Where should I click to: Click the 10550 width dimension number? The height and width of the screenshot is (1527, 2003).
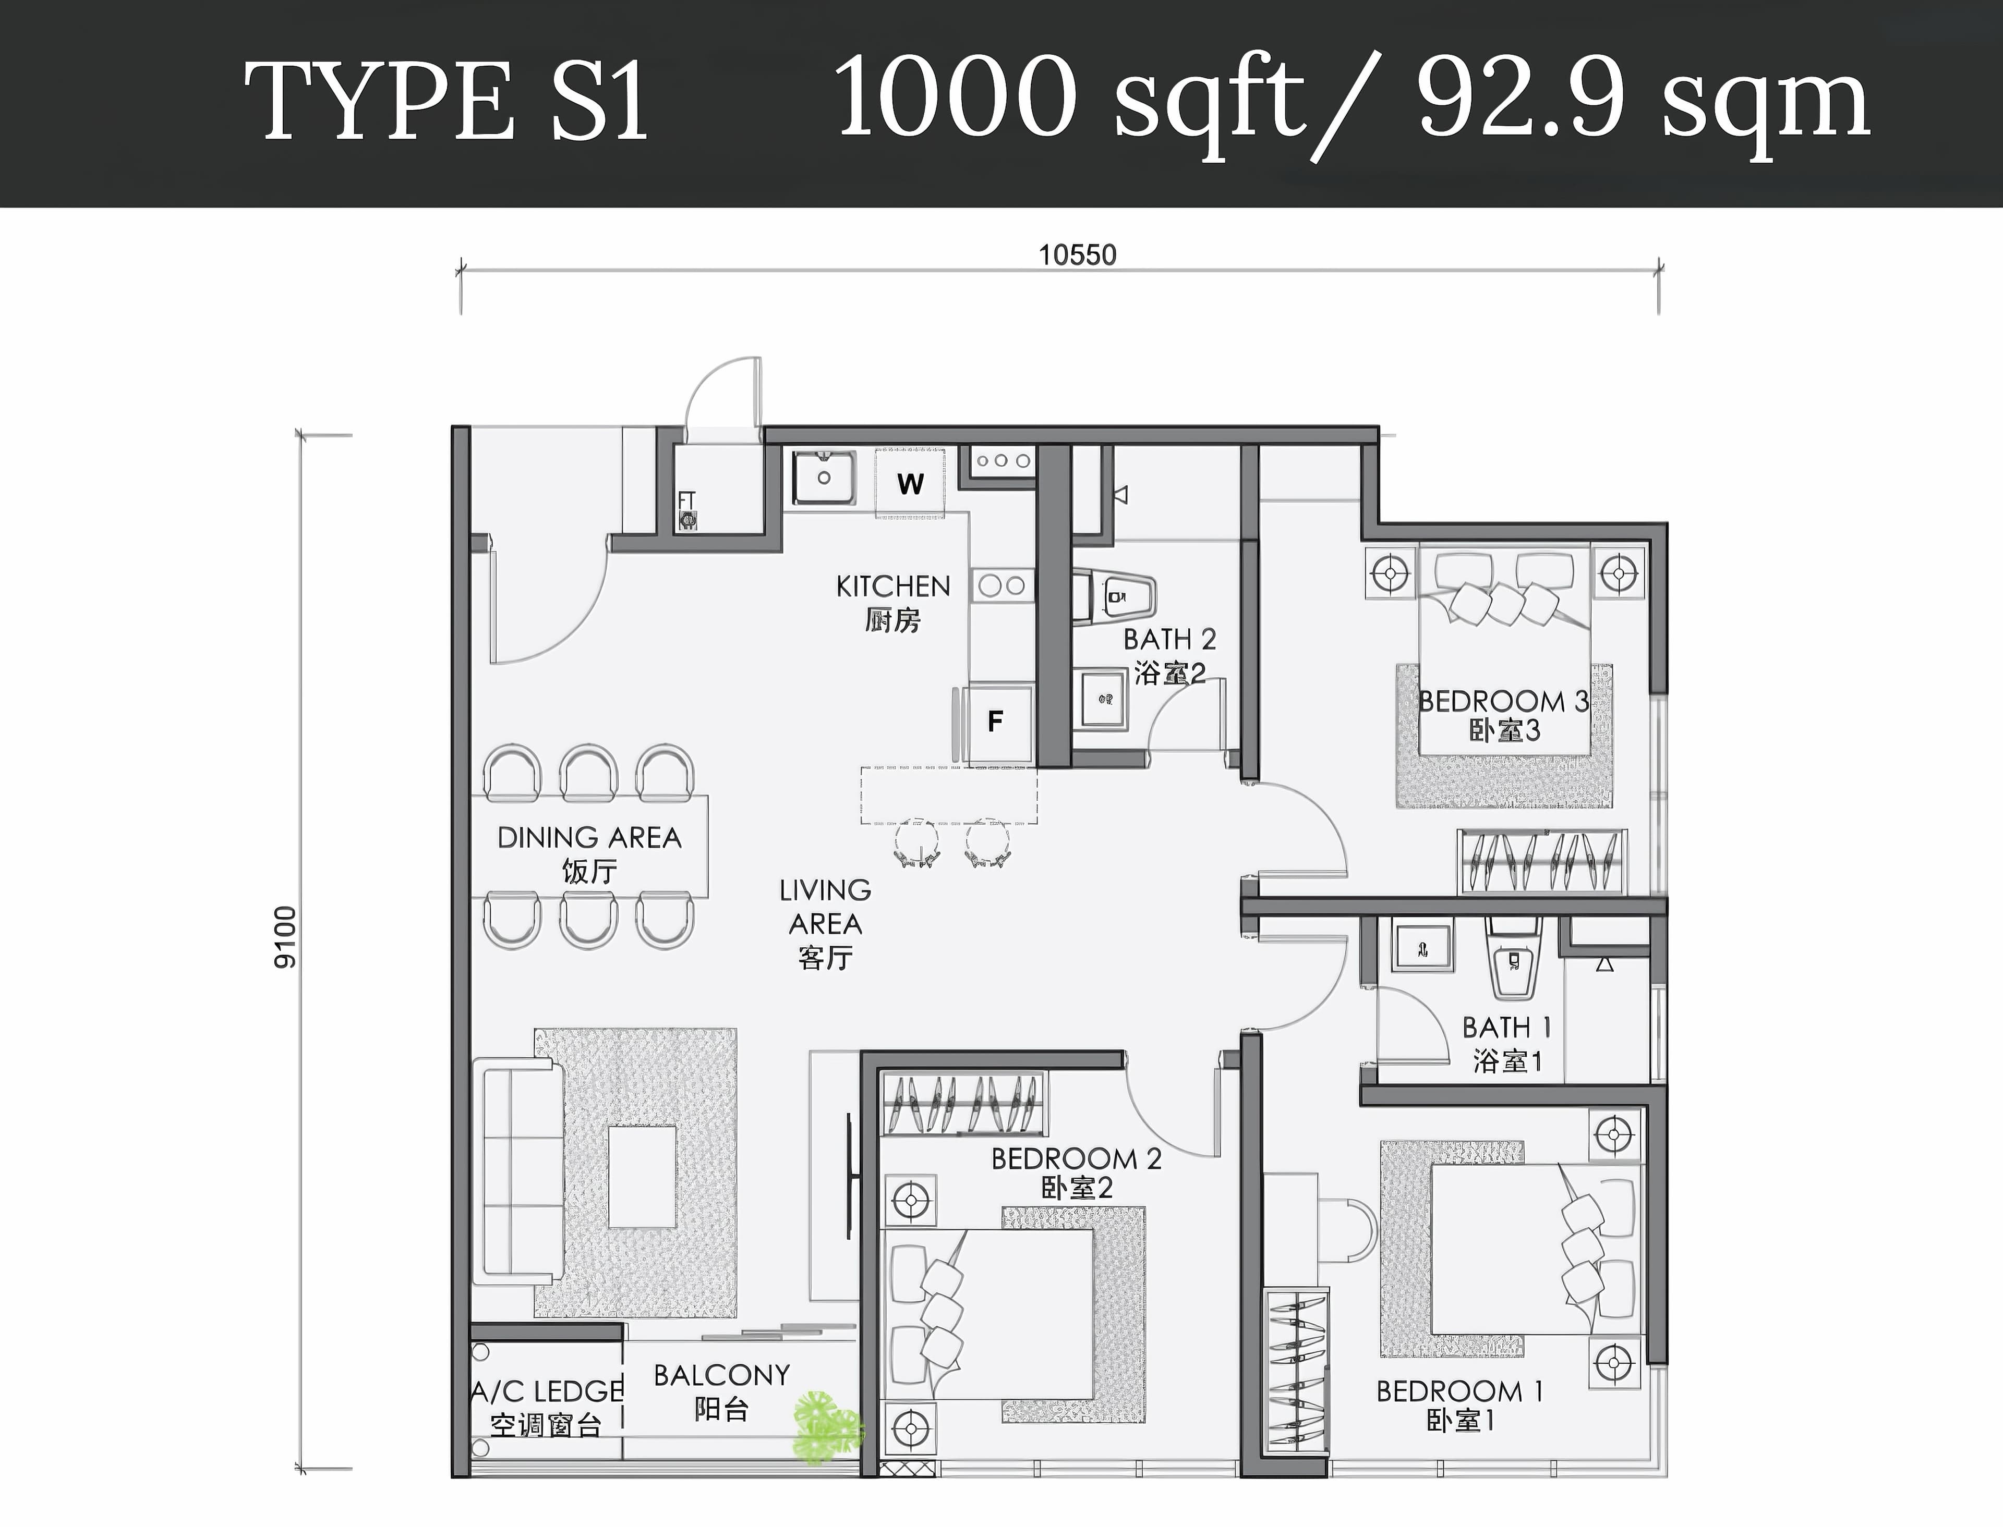coord(1078,255)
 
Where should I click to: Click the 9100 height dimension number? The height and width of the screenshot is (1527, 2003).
coord(285,937)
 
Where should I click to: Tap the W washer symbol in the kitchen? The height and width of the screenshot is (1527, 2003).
coord(910,484)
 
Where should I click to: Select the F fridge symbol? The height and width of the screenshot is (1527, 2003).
coord(996,722)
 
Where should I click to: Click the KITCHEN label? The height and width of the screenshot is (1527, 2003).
coord(893,587)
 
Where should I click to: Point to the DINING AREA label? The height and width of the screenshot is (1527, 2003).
coord(589,837)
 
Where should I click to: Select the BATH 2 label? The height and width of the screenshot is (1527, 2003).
coord(1169,640)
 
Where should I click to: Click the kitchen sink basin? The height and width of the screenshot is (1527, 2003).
coord(824,478)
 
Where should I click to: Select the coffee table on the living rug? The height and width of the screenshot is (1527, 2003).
coord(642,1177)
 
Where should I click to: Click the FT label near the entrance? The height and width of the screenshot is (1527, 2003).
coord(686,501)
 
